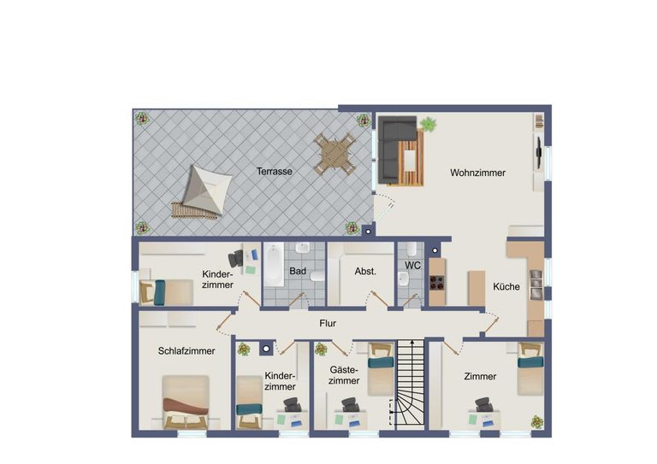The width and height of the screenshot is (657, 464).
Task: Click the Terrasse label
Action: click(275, 171)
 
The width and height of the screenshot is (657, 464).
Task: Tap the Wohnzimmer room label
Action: click(477, 173)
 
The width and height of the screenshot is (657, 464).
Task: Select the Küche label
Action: click(506, 286)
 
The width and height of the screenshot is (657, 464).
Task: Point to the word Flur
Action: click(328, 323)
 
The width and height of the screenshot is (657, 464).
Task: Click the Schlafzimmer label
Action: click(186, 351)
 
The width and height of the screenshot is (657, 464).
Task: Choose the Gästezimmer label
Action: click(344, 375)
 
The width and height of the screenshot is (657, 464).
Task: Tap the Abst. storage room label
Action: click(365, 271)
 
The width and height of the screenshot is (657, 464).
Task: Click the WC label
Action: click(412, 265)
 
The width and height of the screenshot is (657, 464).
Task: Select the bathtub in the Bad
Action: click(274, 266)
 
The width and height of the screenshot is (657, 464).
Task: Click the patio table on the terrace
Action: click(334, 154)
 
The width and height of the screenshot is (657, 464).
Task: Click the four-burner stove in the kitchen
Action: click(437, 283)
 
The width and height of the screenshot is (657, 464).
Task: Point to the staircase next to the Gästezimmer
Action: click(411, 385)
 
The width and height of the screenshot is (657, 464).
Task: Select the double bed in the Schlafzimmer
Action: click(186, 402)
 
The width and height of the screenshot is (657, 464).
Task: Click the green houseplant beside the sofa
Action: click(428, 124)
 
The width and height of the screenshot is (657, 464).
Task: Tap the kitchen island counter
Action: click(476, 288)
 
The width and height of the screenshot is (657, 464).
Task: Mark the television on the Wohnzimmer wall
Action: click(539, 153)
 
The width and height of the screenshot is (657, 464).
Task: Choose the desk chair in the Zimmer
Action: click(483, 404)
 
